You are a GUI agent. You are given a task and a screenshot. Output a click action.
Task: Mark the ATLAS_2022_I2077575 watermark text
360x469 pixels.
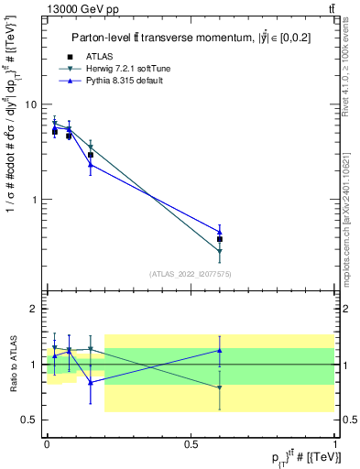(x=191, y=274)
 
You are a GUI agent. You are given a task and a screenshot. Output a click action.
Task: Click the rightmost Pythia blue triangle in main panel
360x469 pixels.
(x=220, y=232)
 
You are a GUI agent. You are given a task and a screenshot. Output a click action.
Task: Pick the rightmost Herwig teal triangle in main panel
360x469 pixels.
(x=220, y=251)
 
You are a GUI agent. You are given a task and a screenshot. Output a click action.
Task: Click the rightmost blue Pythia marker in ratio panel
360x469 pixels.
(x=220, y=350)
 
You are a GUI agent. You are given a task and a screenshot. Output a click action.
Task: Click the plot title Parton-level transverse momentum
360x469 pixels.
(x=191, y=38)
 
